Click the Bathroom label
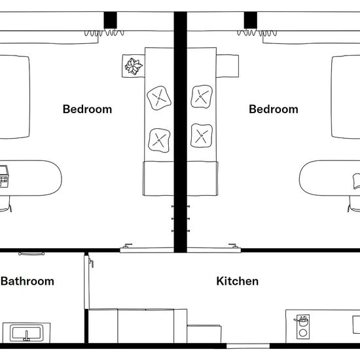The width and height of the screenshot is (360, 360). (27, 281)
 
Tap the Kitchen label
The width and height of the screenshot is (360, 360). (238, 281)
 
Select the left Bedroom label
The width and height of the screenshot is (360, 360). (88, 109)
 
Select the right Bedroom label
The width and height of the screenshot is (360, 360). (274, 109)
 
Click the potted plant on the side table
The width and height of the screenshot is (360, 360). (134, 66)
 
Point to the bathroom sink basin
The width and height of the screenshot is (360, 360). (27, 333)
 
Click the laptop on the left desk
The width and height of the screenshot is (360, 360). (4, 176)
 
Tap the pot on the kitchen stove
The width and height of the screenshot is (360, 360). (302, 321)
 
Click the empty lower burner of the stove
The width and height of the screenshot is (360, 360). (303, 333)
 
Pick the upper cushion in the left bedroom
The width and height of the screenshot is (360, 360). (159, 98)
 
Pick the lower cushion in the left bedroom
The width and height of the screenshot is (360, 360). (159, 140)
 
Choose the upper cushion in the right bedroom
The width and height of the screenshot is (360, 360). (202, 97)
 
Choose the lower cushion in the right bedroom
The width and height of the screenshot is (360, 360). (202, 135)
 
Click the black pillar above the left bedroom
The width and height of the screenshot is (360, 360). (110, 20)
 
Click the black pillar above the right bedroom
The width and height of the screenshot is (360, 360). (250, 20)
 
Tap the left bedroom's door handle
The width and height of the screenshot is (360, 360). (128, 245)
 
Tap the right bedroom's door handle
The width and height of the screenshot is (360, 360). (233, 245)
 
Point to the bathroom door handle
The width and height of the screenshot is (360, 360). (91, 262)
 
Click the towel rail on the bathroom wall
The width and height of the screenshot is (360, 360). (31, 254)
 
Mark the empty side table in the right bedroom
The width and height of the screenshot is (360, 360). (228, 66)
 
